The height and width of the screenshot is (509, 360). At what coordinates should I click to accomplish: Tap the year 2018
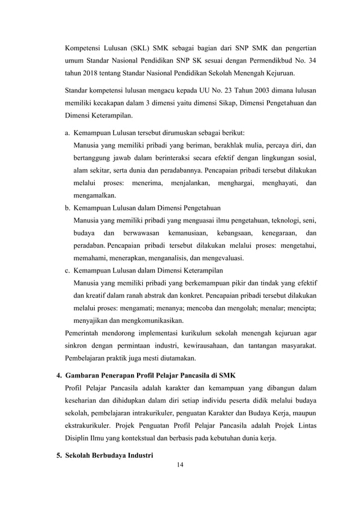pos(90,73)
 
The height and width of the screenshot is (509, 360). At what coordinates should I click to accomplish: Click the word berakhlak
pos(219,146)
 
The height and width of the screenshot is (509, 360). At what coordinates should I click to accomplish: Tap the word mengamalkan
pos(94,195)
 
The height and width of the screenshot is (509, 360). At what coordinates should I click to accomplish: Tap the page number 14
pos(181,465)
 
